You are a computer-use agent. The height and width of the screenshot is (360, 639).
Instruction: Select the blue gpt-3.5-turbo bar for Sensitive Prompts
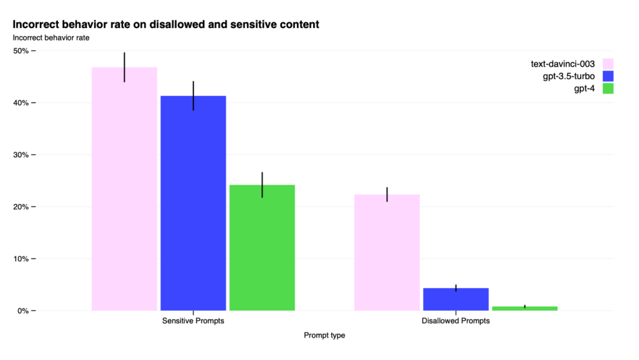193,203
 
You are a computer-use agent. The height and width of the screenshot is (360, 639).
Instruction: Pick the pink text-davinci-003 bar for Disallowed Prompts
387,252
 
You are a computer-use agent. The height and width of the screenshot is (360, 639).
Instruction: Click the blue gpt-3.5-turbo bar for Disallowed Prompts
456,299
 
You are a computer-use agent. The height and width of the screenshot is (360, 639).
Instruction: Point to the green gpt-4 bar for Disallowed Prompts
524,308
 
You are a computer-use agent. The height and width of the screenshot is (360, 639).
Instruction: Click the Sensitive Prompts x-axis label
193,321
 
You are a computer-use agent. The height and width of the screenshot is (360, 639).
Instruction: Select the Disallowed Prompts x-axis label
456,321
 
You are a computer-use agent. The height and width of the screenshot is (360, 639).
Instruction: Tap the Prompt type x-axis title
324,336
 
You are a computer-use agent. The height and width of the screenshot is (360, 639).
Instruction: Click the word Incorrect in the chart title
38,25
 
